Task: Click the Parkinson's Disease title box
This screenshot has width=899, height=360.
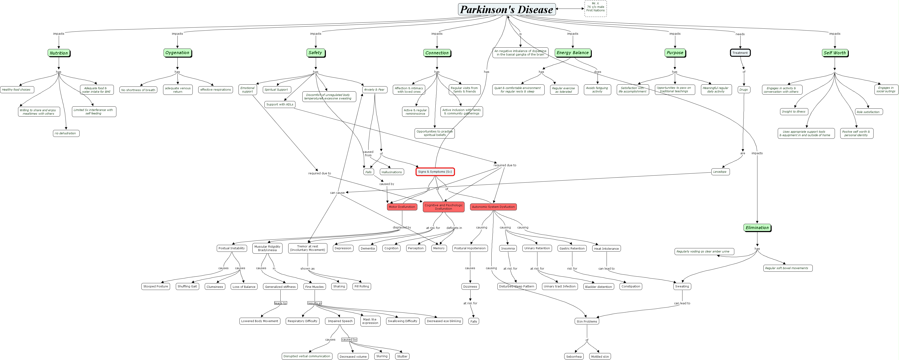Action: click(506, 9)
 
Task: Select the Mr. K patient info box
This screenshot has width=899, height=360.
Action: click(595, 7)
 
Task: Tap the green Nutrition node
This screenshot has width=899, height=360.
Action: click(59, 53)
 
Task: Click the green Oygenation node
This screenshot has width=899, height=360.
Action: click(177, 53)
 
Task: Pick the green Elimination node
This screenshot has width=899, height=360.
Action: click(757, 228)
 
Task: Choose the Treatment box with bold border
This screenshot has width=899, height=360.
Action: click(740, 53)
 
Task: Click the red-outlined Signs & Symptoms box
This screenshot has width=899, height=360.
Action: click(435, 172)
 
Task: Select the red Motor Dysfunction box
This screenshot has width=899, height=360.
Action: click(402, 207)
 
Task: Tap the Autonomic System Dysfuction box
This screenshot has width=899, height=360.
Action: click(493, 207)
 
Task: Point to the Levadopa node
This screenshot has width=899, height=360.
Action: click(720, 172)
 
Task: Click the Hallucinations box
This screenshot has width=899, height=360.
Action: click(392, 172)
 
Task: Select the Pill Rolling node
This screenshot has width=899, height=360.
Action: click(362, 286)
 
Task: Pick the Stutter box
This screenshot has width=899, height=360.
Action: click(402, 356)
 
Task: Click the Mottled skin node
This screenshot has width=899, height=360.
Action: click(600, 357)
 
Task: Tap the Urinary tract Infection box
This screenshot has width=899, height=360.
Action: click(559, 286)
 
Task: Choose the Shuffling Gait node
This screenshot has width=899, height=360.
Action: click(187, 286)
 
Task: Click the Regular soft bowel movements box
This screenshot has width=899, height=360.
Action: click(786, 268)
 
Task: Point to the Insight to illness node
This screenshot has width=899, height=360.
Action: click(794, 112)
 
